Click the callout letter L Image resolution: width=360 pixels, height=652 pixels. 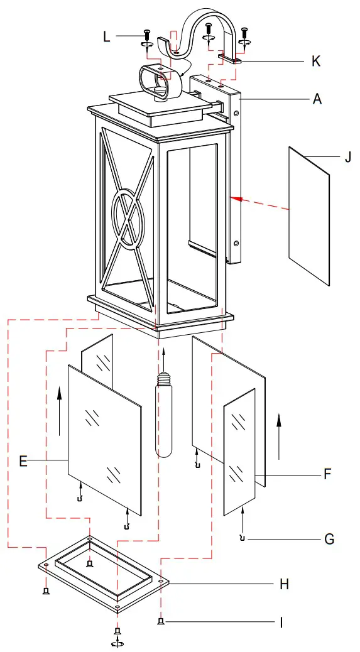(107, 36)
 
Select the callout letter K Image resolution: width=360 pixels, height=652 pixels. (316, 61)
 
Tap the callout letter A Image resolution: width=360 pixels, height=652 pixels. (318, 99)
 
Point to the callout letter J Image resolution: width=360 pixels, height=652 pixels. (347, 156)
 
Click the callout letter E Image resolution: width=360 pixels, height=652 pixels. (23, 462)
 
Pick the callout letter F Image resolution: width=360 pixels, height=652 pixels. (327, 474)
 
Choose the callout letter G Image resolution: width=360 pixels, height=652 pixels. (329, 539)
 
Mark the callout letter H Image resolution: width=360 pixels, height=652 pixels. (284, 584)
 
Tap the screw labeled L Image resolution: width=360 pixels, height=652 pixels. (147, 35)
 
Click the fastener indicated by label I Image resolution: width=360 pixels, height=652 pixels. (161, 622)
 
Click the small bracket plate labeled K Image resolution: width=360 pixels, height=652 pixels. (230, 60)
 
